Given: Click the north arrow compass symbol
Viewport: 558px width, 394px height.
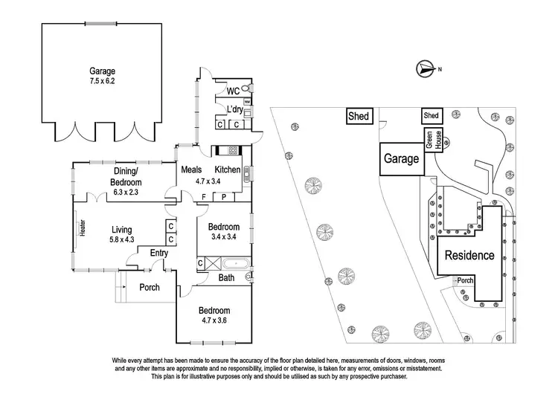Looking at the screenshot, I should (x=425, y=70).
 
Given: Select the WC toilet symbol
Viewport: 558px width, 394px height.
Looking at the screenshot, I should (x=246, y=89).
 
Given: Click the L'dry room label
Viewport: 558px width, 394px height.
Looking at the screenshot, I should (x=234, y=110).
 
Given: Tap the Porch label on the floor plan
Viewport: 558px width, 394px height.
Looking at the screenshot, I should (x=150, y=287).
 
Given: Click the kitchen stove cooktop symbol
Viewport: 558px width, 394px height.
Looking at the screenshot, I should (x=233, y=151).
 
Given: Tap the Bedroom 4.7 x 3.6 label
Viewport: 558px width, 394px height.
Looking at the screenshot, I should (x=214, y=315).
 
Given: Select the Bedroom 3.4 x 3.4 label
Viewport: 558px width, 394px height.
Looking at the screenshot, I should (x=223, y=231).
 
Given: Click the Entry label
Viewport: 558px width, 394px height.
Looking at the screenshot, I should (x=158, y=253).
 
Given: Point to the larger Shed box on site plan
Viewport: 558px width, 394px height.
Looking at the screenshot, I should (x=361, y=117).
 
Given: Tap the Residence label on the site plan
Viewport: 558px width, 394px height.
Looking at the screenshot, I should (x=469, y=256).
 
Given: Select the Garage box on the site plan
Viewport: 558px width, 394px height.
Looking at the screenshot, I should (x=401, y=159).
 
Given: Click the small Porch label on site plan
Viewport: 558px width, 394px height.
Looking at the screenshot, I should (x=466, y=280).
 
